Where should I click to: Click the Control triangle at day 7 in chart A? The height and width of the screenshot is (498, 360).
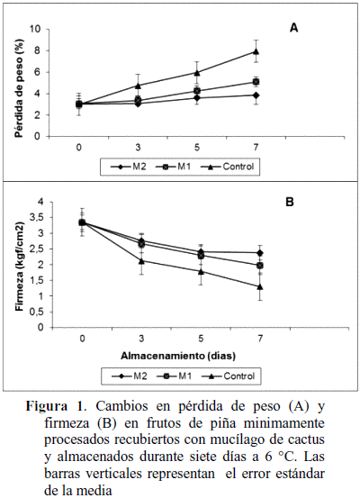[256, 51]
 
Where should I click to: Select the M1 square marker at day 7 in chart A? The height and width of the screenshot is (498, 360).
[256, 82]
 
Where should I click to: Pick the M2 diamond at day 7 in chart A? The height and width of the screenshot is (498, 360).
[256, 95]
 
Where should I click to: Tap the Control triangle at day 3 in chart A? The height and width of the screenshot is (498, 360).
[138, 86]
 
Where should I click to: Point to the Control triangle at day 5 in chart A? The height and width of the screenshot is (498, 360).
[197, 73]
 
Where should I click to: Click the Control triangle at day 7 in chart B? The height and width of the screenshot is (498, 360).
[260, 286]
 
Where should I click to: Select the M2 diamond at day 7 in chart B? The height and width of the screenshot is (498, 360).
[260, 253]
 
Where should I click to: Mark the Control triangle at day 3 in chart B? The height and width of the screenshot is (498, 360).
[141, 261]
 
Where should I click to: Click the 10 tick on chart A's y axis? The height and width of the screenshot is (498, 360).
[35, 29]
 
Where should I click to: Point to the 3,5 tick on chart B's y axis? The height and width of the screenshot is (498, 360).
[38, 218]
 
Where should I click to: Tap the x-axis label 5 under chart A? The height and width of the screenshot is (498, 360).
[197, 148]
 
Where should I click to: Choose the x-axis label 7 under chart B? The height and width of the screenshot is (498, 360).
[260, 339]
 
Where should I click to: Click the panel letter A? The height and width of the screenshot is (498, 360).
[294, 28]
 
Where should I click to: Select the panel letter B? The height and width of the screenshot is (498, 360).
[290, 202]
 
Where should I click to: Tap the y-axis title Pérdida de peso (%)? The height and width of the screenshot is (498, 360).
[20, 88]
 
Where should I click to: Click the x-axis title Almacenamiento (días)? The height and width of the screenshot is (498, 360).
[178, 356]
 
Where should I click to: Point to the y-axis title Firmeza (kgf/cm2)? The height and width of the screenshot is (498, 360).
[20, 267]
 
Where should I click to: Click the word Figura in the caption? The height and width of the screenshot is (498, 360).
[46, 407]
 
